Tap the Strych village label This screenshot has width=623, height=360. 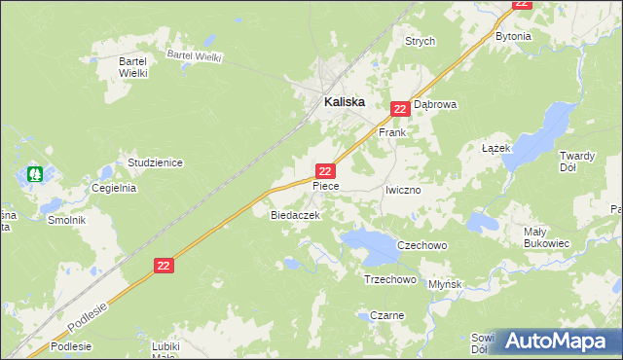click(421, 42)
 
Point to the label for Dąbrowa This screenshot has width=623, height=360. click(435, 104)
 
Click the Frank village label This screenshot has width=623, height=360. click(391, 131)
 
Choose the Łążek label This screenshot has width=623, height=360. click(496, 147)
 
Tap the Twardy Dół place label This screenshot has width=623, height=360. click(582, 161)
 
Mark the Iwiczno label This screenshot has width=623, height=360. click(402, 191)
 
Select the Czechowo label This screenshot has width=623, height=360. click(421, 246)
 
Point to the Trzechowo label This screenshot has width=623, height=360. click(389, 279)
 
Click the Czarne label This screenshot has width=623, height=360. click(386, 315)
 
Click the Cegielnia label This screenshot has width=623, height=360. click(113, 189)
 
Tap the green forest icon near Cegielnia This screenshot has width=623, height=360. click(35, 175)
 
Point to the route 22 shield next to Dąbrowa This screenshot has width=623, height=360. click(399, 109)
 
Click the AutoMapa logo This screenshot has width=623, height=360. click(556, 341)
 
